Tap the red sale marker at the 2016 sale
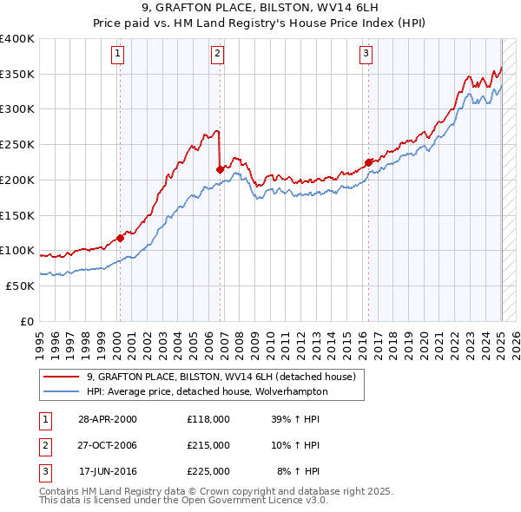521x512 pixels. point(368,161)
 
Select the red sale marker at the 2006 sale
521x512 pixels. point(220,168)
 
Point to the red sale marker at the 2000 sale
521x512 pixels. point(120,237)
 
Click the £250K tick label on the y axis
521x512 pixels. point(17,144)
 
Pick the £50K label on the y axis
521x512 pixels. point(21,286)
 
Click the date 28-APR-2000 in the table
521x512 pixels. point(108,418)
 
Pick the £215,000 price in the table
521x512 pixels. point(208,445)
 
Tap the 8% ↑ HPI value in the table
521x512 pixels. point(298,471)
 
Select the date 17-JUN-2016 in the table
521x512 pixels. point(108,471)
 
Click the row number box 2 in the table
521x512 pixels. point(43,445)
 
